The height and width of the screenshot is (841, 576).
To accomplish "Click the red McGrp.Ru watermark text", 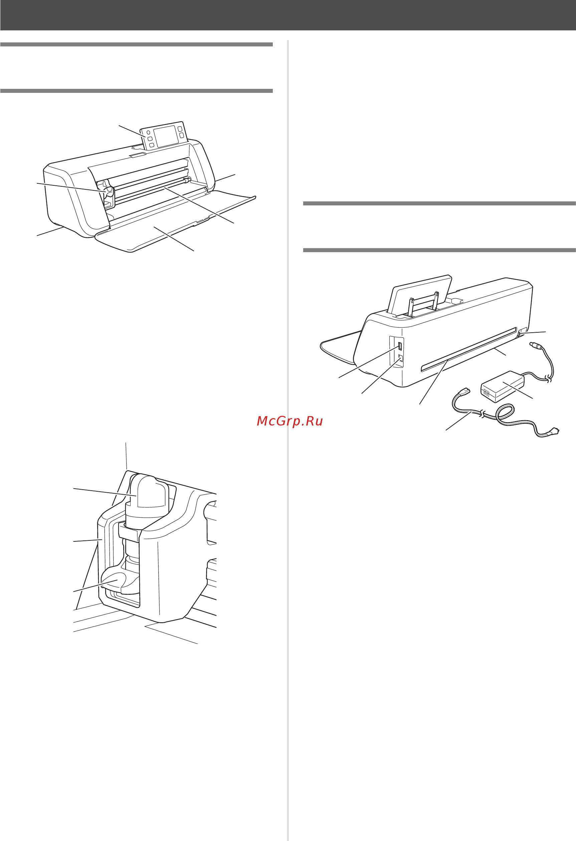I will click(290, 421).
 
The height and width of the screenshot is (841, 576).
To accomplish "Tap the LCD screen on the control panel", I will click(166, 136).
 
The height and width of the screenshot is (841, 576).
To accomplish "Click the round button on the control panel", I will click(148, 133).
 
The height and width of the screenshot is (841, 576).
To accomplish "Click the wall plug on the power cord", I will click(553, 432).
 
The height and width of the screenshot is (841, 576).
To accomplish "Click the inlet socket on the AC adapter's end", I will click(486, 392).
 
